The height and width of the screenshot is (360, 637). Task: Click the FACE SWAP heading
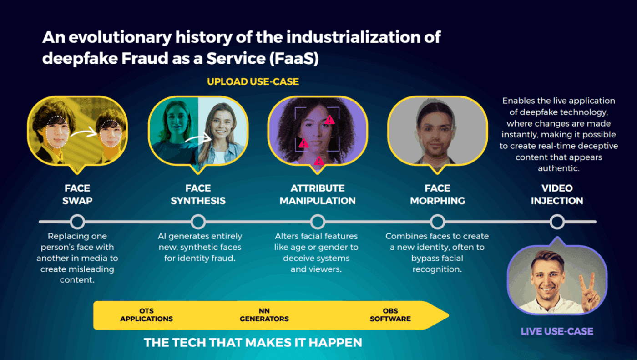[77, 194]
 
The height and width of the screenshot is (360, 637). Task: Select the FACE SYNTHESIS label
[198, 194]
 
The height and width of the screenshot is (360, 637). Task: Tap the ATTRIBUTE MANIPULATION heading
[318, 194]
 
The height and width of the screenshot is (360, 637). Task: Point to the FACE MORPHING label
[437, 194]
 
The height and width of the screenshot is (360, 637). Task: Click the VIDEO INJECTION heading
[557, 194]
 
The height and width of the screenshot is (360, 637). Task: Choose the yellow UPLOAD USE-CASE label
[253, 82]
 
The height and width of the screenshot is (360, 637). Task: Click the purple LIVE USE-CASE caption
[557, 331]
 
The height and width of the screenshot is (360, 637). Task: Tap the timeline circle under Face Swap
[77, 222]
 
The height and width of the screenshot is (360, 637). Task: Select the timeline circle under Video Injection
[557, 222]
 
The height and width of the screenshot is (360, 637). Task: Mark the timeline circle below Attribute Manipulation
[318, 222]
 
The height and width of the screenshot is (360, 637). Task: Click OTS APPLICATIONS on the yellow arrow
[147, 315]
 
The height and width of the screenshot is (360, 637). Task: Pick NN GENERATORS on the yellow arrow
[264, 315]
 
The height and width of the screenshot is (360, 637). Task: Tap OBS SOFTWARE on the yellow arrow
[390, 315]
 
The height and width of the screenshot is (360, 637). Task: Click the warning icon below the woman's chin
[319, 161]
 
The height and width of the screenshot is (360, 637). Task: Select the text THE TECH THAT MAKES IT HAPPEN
[253, 343]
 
